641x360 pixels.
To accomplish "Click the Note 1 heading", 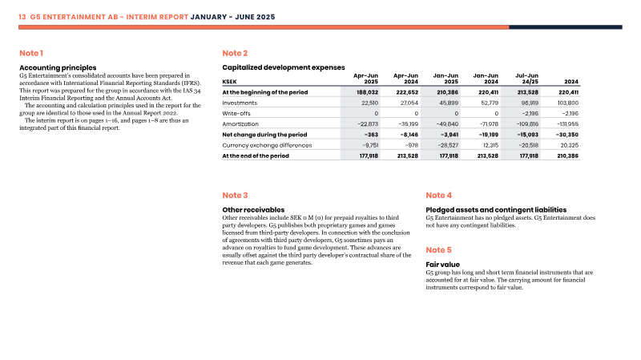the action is (x=31, y=53).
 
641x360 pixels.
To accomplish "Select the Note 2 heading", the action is (x=235, y=53).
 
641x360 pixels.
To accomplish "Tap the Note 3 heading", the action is (x=235, y=195).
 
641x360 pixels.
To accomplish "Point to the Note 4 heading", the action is (x=438, y=195).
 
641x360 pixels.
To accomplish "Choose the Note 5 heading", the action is (x=438, y=250).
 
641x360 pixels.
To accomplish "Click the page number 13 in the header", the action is (x=22, y=17).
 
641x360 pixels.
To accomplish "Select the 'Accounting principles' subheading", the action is (x=58, y=68).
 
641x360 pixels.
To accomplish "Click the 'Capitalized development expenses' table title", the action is (x=284, y=67).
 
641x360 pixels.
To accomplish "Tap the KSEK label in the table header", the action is (x=229, y=82).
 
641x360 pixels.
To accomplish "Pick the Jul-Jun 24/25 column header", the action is (x=526, y=79).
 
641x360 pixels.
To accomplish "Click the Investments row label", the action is (x=240, y=103).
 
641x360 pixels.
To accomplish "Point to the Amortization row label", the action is (x=240, y=124).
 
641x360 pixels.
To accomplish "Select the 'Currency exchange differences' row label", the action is (x=267, y=145).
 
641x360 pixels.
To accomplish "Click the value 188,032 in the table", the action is (x=367, y=92).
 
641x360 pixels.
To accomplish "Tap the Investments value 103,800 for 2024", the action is (x=567, y=103).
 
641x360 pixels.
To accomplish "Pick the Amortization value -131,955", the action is (x=567, y=124).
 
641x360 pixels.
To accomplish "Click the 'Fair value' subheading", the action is (x=443, y=265).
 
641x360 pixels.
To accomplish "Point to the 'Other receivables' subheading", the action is (x=253, y=210).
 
